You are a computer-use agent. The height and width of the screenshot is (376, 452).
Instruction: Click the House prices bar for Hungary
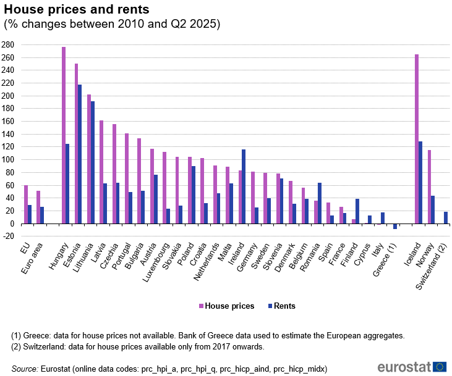(x=64, y=135)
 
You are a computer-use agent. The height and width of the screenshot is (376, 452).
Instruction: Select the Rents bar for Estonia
(x=80, y=154)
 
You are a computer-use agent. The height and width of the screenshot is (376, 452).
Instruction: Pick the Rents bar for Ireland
(x=244, y=186)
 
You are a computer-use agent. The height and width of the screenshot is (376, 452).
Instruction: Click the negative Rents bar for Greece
(x=395, y=226)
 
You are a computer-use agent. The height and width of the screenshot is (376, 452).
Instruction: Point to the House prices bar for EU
(x=26, y=204)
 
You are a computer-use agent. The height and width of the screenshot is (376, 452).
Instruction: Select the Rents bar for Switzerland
(x=446, y=217)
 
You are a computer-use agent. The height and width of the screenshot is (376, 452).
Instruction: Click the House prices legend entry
(x=226, y=306)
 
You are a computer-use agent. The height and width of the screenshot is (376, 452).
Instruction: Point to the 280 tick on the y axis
(x=8, y=45)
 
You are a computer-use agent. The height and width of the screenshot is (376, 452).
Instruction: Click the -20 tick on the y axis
(x=8, y=236)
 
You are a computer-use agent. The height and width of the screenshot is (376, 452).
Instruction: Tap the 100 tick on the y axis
(x=8, y=159)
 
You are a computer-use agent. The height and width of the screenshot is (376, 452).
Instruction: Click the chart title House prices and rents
(x=76, y=10)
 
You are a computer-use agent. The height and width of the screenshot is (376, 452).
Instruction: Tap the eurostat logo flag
(x=440, y=366)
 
